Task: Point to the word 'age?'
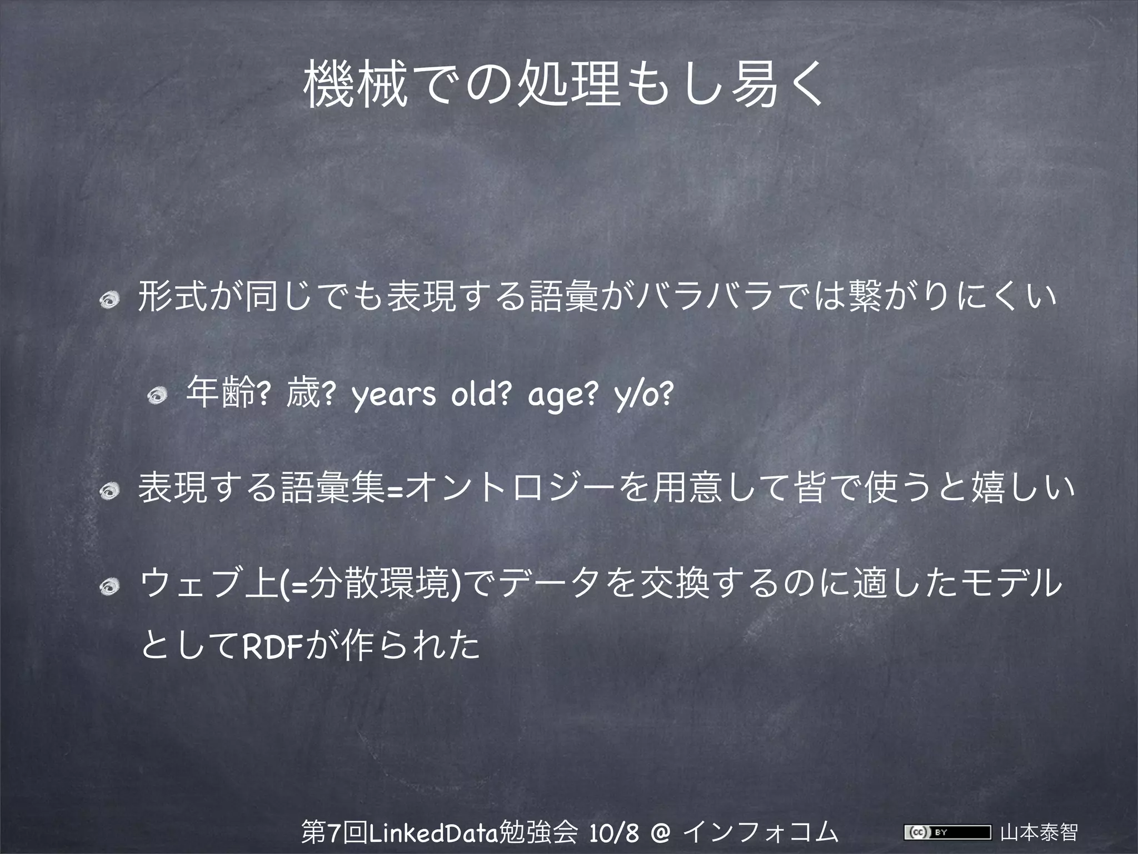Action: click(563, 395)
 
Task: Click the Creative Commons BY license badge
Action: click(947, 832)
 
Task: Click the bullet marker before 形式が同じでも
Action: click(107, 301)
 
